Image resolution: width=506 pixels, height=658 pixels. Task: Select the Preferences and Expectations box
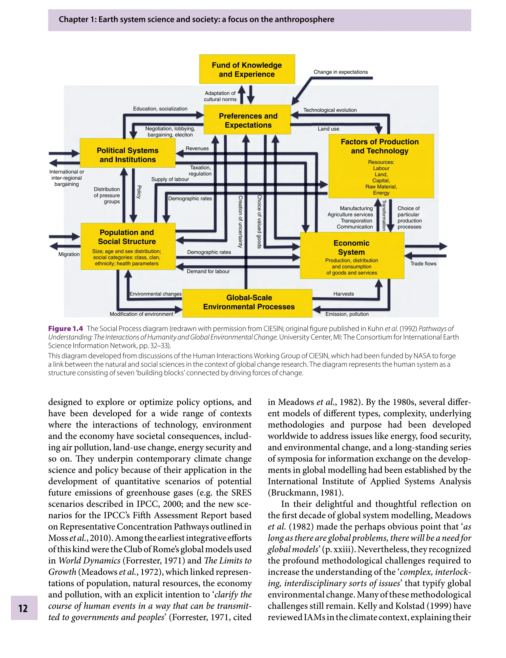coord(248,120)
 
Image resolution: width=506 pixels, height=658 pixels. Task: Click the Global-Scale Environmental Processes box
coord(248,302)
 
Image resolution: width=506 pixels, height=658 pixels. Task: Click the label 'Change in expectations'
coord(340,72)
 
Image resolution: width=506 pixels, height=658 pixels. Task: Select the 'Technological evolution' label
coord(330,110)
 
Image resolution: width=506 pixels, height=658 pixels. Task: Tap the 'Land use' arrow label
coord(328,129)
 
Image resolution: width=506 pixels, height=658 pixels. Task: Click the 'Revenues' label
coord(197,148)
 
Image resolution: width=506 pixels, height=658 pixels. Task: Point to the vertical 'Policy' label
coord(139,192)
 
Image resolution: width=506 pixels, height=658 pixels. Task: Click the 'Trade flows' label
coord(423,264)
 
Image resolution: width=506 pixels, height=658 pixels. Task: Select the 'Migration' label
coord(69,254)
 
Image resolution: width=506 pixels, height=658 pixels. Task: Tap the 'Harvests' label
coord(343,294)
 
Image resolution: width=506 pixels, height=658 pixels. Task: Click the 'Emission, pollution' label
coord(347,314)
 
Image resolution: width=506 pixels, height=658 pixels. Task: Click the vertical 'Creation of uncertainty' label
coord(240,221)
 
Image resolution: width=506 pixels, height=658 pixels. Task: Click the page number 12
coord(23,608)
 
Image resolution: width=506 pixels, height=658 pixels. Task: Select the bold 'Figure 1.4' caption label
coord(65,329)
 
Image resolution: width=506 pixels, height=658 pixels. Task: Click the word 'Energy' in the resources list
coord(381,193)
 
